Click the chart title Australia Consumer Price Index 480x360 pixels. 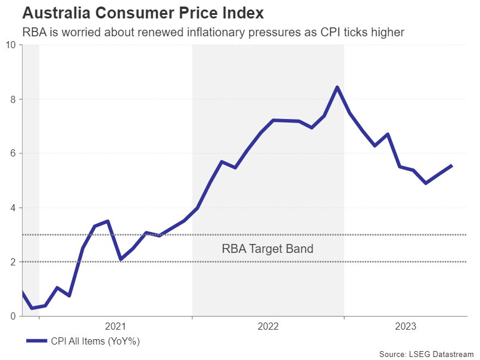coord(143,12)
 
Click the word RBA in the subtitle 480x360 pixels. coord(35,32)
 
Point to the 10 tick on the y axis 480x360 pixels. coord(11,45)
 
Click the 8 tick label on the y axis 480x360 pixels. coord(13,99)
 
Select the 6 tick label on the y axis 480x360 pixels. coord(13,154)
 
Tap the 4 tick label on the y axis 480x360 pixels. coord(13,208)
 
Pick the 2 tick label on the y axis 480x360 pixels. coord(13,262)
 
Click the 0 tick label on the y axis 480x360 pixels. coord(13,316)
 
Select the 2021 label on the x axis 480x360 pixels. coord(116,326)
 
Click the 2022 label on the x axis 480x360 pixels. coord(268,326)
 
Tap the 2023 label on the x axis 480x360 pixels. coord(406,326)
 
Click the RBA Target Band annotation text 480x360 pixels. coord(267,249)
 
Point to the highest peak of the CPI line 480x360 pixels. coord(337,87)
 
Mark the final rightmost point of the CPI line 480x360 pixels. coord(452,165)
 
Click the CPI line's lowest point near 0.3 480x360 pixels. coord(32,308)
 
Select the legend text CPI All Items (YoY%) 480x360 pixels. coord(95,341)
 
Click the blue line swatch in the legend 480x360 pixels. coord(37,341)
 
